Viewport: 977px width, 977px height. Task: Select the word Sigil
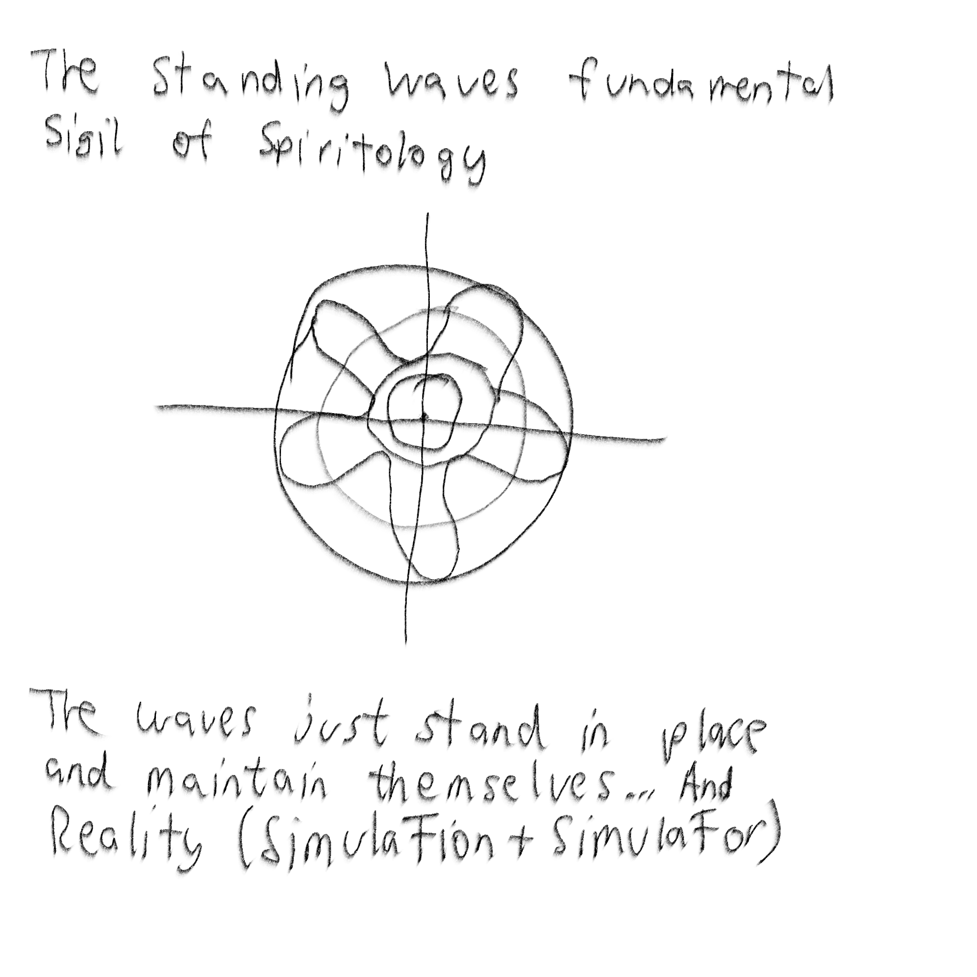tap(83, 139)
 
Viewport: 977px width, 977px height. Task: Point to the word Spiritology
tap(372, 152)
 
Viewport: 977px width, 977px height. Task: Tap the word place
tap(708, 733)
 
